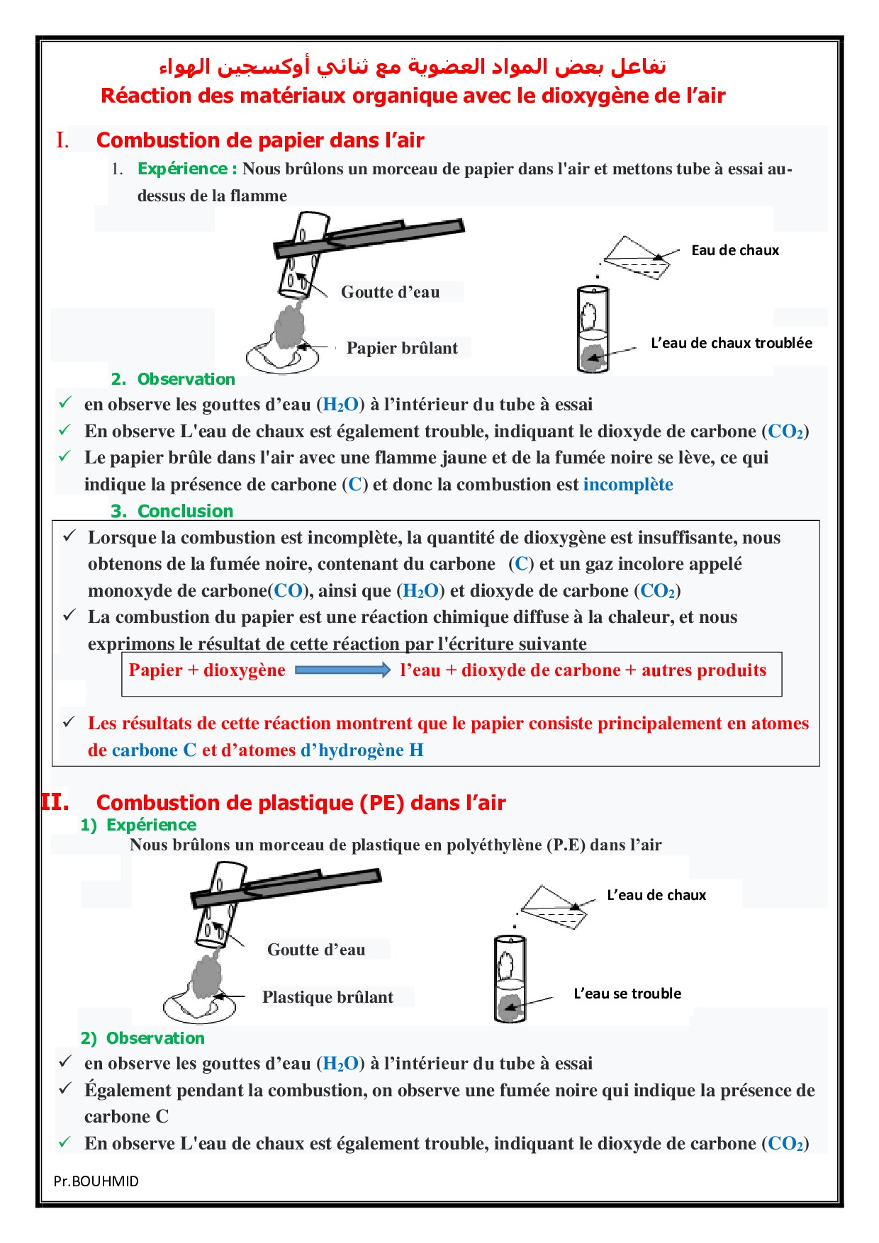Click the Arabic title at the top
click(413, 67)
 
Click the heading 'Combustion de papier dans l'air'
click(260, 140)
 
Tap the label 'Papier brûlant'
click(402, 348)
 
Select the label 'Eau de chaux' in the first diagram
click(735, 250)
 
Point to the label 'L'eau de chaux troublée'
click(732, 343)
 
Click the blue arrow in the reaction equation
click(342, 670)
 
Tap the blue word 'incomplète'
click(628, 485)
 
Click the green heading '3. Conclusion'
click(172, 511)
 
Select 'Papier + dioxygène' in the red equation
click(207, 670)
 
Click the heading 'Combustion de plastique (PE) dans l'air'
click(301, 803)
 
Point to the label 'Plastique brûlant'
click(327, 997)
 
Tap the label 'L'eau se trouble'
click(627, 994)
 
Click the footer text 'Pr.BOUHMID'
click(96, 1181)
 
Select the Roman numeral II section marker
click(55, 802)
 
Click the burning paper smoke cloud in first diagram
click(289, 326)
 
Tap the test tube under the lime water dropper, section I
click(593, 329)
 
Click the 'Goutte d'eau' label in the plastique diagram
click(316, 950)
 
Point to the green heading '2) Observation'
click(142, 1038)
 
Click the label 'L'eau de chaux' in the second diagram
click(656, 895)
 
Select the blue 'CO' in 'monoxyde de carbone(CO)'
click(289, 591)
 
